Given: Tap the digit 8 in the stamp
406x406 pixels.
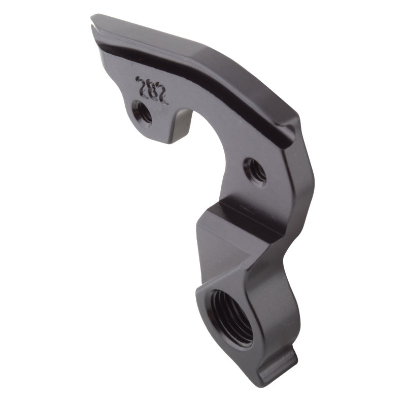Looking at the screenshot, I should click(151, 90).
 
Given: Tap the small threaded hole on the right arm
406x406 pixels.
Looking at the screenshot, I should click(255, 171).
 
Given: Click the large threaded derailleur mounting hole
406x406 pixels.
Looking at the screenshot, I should click(231, 317).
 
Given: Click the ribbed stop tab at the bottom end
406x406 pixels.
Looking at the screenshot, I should click(278, 363).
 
